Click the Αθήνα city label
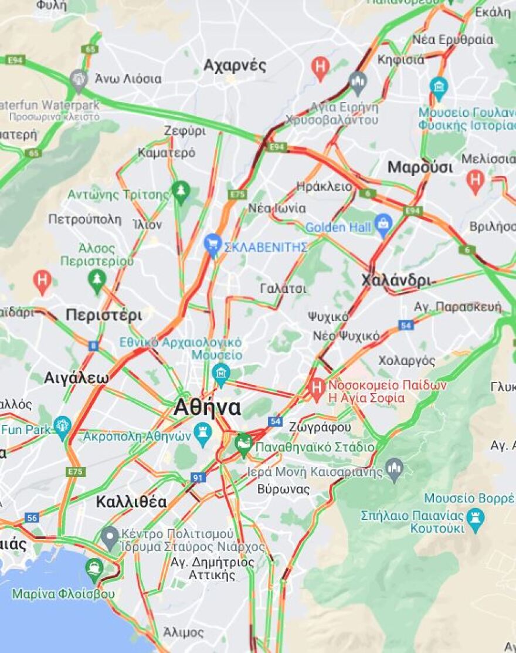(x=206, y=407)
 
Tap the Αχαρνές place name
(x=235, y=65)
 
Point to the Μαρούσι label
(x=420, y=167)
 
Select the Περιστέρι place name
(x=103, y=315)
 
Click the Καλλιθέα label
(x=131, y=502)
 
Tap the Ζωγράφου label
(x=320, y=427)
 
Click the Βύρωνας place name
(x=283, y=489)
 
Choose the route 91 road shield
(x=198, y=478)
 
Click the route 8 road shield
(x=93, y=346)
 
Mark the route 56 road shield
(x=31, y=517)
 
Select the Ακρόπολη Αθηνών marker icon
(x=203, y=432)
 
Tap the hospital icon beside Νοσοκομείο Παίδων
(x=317, y=387)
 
